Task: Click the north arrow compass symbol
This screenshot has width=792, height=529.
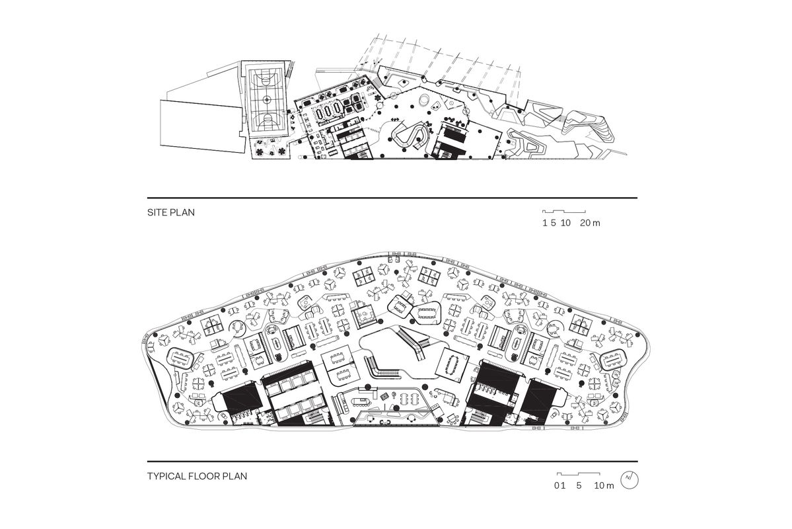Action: coord(630,479)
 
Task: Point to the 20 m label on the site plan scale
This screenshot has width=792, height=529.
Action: coord(591,224)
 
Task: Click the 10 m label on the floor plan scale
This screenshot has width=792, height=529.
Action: coord(604,486)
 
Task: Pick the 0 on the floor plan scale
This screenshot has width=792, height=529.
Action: coord(558,486)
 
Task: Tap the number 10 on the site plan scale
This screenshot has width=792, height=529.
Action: coord(565,224)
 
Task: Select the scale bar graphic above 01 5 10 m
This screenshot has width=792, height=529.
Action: coord(579,473)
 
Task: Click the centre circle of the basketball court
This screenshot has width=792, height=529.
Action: coord(266,99)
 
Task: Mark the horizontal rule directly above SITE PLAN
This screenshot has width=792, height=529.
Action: coord(392,198)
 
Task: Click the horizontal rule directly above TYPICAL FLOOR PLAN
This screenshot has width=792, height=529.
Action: coord(392,461)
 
